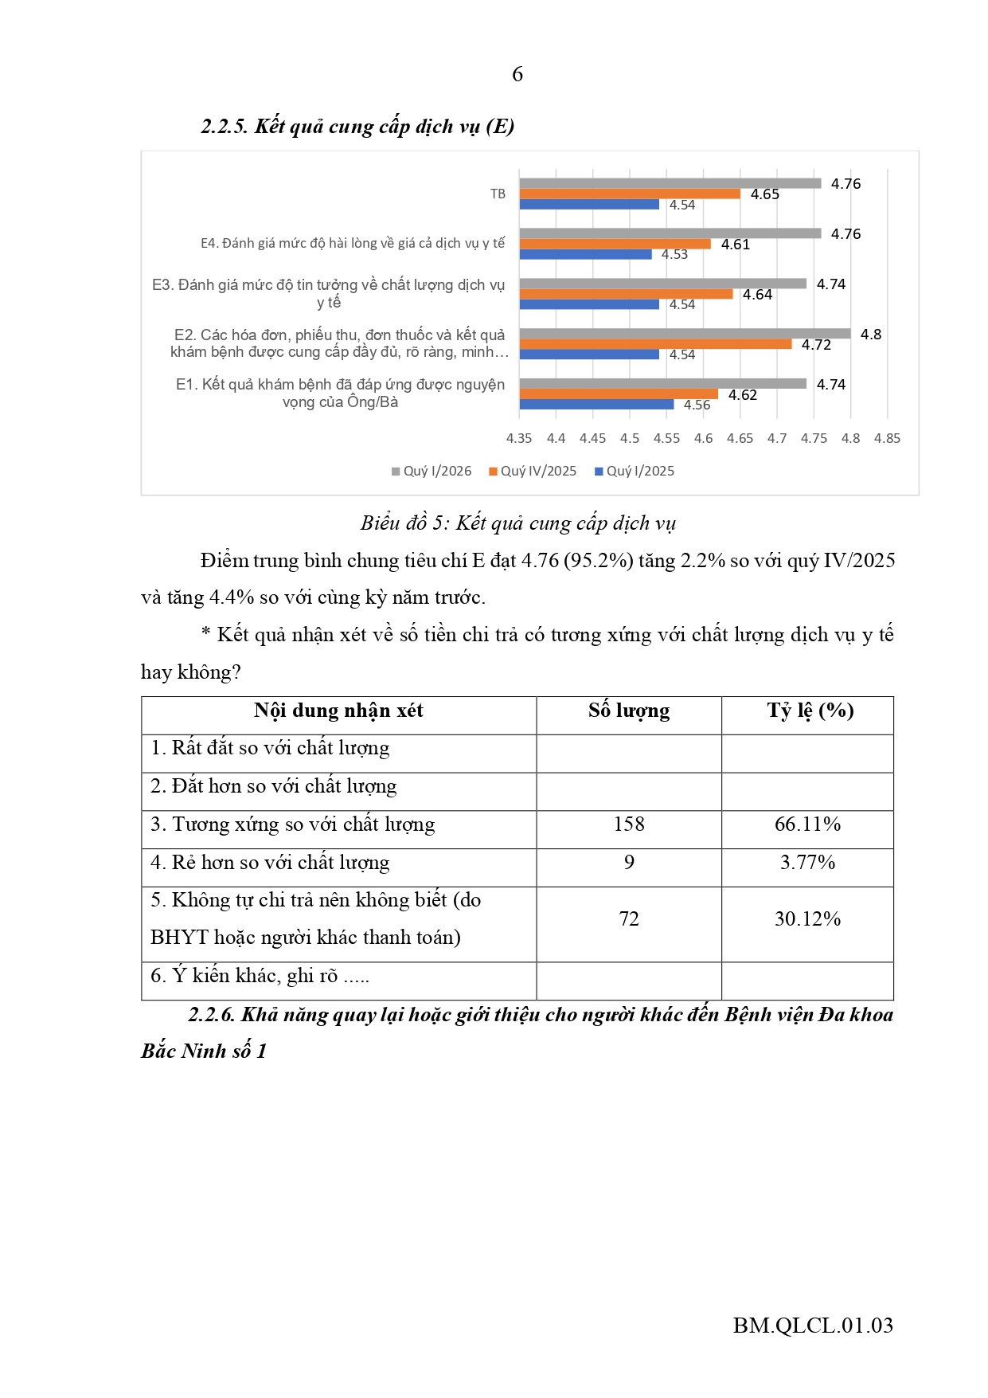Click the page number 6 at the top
[x=517, y=74]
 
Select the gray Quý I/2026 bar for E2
[x=685, y=334]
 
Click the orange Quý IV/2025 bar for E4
[x=615, y=244]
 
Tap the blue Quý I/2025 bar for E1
[x=596, y=405]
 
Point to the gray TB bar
[x=670, y=183]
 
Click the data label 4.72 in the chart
[x=816, y=345]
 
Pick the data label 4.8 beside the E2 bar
[x=871, y=335]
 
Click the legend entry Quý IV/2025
[x=533, y=471]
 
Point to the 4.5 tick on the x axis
[x=630, y=438]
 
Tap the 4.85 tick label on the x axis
[x=887, y=438]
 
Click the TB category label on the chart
[x=498, y=194]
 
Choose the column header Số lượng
[x=629, y=711]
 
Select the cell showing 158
[x=629, y=824]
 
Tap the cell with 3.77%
[x=808, y=863]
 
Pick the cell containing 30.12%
[x=808, y=919]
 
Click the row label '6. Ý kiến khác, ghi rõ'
[x=260, y=976]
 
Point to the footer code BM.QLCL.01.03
[x=813, y=1326]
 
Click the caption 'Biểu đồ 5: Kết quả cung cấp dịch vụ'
[x=517, y=523]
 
